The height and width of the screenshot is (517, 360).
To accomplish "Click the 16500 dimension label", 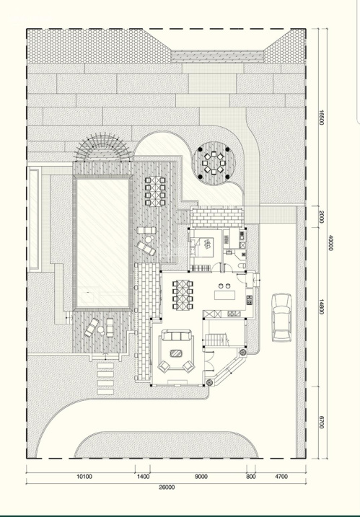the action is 321,118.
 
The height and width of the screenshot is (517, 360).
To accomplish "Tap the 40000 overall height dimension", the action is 330,243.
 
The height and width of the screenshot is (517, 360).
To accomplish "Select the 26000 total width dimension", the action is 167,487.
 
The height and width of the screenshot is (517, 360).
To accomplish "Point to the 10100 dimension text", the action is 84,477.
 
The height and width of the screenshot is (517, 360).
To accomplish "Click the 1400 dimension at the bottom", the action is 143,477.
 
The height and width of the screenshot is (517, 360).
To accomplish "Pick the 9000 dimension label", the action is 201,477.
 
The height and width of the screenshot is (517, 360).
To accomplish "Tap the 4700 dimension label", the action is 281,477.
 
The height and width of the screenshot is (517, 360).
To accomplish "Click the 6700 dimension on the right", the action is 321,422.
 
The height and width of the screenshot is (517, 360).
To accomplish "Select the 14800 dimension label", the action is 321,306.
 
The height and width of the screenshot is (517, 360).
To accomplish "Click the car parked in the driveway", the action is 281,317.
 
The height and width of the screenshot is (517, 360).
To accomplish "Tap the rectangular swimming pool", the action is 103,243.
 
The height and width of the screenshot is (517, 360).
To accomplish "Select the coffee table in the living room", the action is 176,353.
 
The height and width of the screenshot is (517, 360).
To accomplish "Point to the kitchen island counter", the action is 224,295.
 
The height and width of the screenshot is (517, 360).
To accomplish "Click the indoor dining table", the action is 183,295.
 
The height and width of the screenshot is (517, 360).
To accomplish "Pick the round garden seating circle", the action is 214,163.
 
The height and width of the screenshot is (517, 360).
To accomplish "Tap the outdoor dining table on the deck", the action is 155,191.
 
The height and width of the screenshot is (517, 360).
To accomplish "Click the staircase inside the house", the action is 216,340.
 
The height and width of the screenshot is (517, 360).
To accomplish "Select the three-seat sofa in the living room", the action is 176,336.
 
